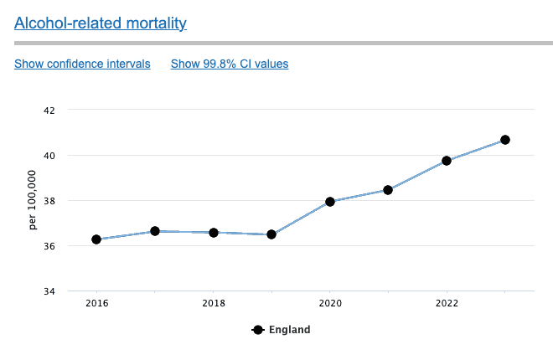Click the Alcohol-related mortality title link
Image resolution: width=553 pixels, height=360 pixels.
coord(100,23)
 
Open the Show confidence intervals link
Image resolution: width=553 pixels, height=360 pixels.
coord(82,64)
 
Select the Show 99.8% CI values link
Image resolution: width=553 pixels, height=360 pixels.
coord(230,64)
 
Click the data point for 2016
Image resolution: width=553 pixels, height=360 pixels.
coord(96,239)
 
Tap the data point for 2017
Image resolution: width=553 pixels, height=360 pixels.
coord(155,231)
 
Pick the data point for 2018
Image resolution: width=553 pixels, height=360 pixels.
coord(214,233)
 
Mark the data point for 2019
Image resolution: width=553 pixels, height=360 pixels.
coord(271,234)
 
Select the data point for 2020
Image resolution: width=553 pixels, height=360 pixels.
coord(330,202)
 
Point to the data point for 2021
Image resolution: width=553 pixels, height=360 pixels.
coord(388,190)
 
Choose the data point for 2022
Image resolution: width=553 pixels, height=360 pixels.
coord(447,161)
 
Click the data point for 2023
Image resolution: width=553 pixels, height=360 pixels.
coord(505,140)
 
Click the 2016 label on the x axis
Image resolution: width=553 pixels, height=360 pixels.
coord(96,303)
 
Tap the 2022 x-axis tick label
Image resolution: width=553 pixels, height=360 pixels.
coord(447,303)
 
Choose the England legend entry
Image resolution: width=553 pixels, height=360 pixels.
coord(282,330)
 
